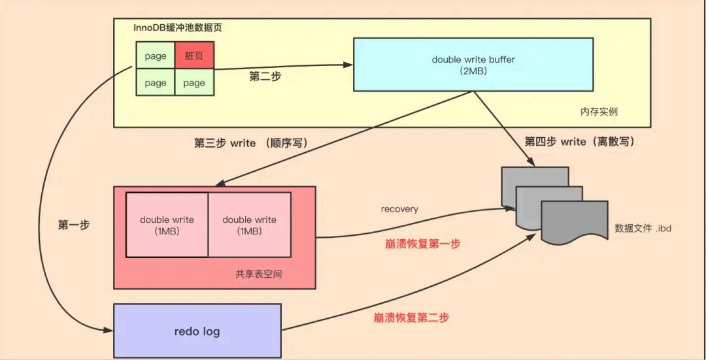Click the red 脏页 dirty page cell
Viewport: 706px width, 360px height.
click(194, 56)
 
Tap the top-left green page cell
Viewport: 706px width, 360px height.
click(156, 56)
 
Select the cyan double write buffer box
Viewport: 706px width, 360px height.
click(473, 64)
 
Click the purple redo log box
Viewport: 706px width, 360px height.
click(197, 331)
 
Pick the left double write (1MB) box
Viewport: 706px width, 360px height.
click(167, 225)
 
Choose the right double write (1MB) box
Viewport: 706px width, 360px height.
click(249, 225)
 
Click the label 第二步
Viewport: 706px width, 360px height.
click(265, 76)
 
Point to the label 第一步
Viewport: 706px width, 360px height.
click(74, 225)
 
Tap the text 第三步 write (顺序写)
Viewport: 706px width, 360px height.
click(251, 143)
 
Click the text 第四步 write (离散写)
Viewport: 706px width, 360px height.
click(580, 141)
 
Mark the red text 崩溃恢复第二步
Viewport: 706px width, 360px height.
click(411, 318)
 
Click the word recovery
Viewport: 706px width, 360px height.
click(399, 209)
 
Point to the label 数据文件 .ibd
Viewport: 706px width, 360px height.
click(643, 229)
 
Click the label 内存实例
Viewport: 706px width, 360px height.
click(598, 112)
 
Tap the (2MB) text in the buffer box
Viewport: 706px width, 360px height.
click(473, 71)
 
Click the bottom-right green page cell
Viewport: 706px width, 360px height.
click(194, 83)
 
